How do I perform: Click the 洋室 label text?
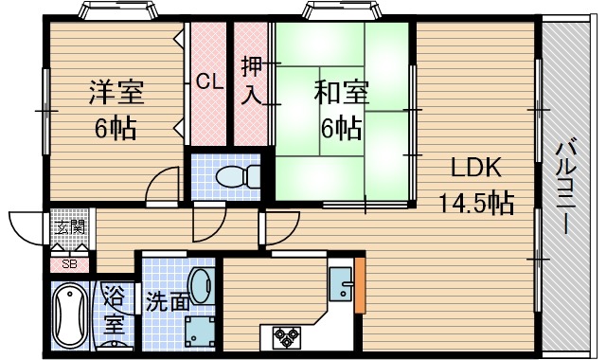tap(116, 94)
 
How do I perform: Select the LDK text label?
tap(476, 169)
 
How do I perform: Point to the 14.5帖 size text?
tap(475, 202)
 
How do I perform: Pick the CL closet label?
tap(209, 81)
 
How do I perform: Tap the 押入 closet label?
tap(252, 80)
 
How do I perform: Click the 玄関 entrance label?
tap(69, 227)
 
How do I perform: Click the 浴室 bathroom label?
tap(115, 309)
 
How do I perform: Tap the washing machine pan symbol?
tap(201, 332)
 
